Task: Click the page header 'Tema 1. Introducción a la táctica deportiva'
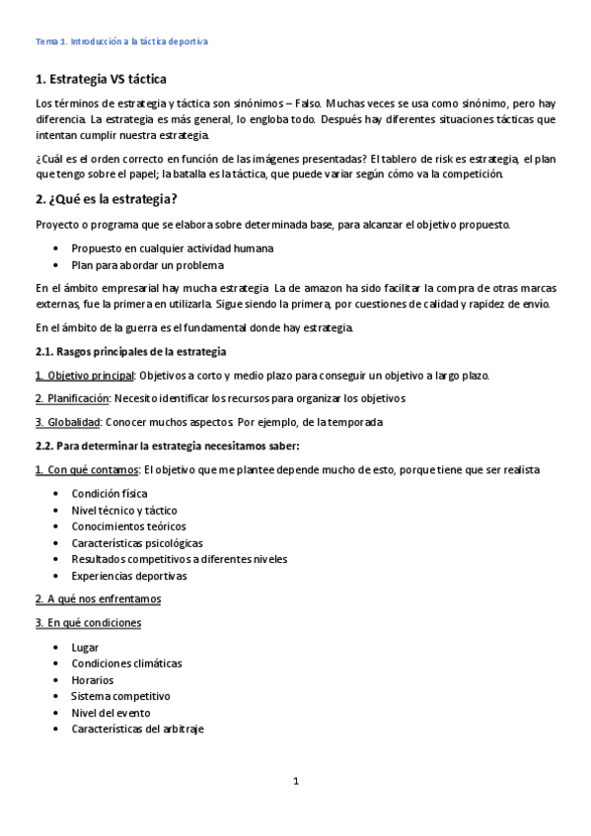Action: coord(121,42)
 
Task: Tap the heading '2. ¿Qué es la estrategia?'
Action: coord(107,199)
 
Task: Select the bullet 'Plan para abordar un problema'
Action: coord(148,264)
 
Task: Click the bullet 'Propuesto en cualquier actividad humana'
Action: coord(173,248)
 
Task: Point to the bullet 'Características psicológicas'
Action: coord(137,542)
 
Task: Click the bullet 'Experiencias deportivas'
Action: coord(128,575)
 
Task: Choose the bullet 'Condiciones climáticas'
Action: coord(126,663)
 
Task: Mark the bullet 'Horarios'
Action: coord(93,679)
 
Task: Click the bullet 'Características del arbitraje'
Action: coord(138,729)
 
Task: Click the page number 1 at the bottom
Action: coord(295,782)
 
